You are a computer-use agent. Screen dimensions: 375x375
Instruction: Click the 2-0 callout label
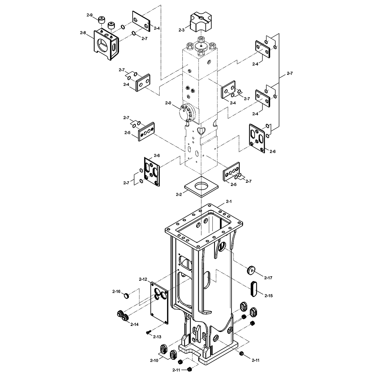click(168, 103)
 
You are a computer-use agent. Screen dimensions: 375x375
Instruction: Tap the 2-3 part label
click(181, 30)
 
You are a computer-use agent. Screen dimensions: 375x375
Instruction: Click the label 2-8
click(83, 33)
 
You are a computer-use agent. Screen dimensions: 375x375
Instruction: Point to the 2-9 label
click(89, 15)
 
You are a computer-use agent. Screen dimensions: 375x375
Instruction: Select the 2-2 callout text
click(179, 194)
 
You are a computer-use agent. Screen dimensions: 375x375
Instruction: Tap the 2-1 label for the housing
click(229, 202)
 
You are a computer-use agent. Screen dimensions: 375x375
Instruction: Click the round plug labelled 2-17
click(251, 270)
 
